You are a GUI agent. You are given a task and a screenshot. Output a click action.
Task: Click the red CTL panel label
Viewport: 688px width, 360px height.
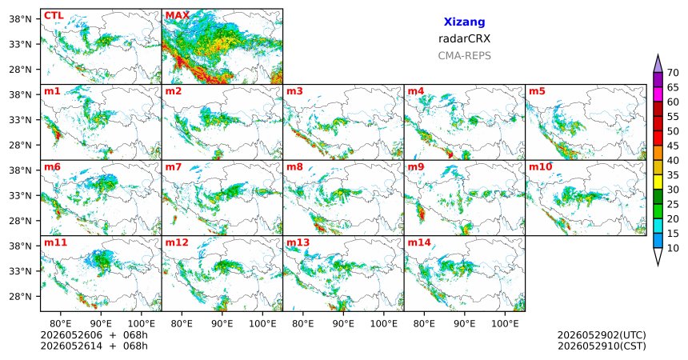pyautogui.click(x=54, y=16)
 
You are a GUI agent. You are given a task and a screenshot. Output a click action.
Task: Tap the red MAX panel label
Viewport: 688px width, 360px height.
pyautogui.click(x=178, y=16)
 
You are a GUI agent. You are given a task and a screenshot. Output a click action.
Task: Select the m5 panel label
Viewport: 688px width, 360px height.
pyautogui.click(x=537, y=91)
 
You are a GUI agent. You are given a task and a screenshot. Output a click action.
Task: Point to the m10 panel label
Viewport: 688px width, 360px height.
pyautogui.click(x=541, y=167)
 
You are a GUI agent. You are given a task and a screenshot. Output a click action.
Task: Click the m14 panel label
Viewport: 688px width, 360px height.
pyautogui.click(x=419, y=242)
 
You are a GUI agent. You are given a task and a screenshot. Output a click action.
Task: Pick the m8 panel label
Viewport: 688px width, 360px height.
pyautogui.click(x=294, y=167)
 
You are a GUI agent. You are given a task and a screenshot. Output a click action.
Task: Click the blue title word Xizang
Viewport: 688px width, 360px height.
pyautogui.click(x=464, y=22)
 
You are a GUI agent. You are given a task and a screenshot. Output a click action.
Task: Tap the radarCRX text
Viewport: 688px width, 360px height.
pyautogui.click(x=464, y=38)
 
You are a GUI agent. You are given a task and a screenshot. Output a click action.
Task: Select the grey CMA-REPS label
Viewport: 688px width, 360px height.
pyautogui.click(x=464, y=56)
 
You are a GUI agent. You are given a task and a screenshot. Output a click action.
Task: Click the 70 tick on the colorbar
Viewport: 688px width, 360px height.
pyautogui.click(x=673, y=73)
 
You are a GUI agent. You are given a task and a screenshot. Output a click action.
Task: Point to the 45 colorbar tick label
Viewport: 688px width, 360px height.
pyautogui.click(x=673, y=146)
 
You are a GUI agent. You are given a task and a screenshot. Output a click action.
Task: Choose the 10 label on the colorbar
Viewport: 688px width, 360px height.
pyautogui.click(x=673, y=248)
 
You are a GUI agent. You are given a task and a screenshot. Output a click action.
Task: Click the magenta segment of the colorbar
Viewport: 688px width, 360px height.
pyautogui.click(x=658, y=94)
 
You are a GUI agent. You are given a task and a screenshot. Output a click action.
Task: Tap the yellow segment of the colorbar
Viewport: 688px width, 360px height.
pyautogui.click(x=658, y=182)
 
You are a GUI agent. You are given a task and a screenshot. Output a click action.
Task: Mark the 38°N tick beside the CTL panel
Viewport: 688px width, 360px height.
pyautogui.click(x=21, y=19)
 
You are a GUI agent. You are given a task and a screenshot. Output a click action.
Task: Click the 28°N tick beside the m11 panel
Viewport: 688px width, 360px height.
pyautogui.click(x=21, y=296)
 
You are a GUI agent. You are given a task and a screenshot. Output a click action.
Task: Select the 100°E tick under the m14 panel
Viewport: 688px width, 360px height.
pyautogui.click(x=505, y=324)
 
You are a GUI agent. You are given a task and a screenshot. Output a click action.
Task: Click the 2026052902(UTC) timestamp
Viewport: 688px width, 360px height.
pyautogui.click(x=602, y=335)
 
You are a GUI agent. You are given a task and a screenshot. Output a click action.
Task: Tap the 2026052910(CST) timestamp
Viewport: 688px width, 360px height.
pyautogui.click(x=602, y=346)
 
